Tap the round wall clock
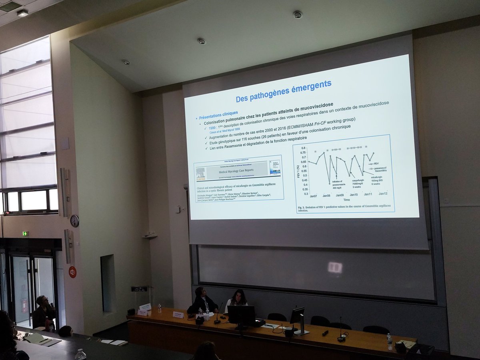click(x=74, y=220)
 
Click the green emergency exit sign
click(x=25, y=234)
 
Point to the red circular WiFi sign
click(x=72, y=272)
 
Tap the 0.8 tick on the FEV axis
click(x=304, y=148)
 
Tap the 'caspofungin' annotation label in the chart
click(x=358, y=180)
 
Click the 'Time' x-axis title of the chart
click(x=346, y=199)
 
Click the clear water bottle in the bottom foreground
click(x=80, y=354)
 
